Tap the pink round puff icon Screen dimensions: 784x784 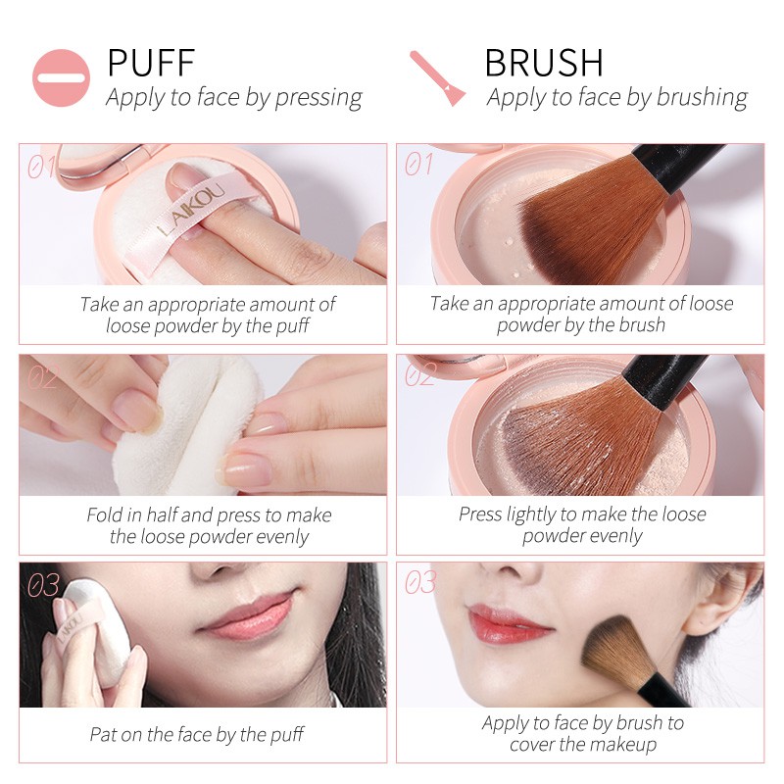pyautogui.click(x=61, y=77)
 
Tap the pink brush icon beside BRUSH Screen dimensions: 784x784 pyautogui.click(x=436, y=77)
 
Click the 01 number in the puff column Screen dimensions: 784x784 pyautogui.click(x=41, y=168)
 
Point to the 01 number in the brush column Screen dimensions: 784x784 pyautogui.click(x=418, y=165)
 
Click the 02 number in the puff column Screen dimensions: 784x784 pyautogui.click(x=41, y=377)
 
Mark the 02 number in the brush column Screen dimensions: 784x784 pyautogui.click(x=419, y=375)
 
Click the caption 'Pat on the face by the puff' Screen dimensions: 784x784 pyautogui.click(x=197, y=734)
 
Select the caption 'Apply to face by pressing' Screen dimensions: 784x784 pyautogui.click(x=234, y=97)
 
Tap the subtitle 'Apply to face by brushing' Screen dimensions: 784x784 pyautogui.click(x=616, y=97)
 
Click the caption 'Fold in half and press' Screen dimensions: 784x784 pyautogui.click(x=209, y=514)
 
